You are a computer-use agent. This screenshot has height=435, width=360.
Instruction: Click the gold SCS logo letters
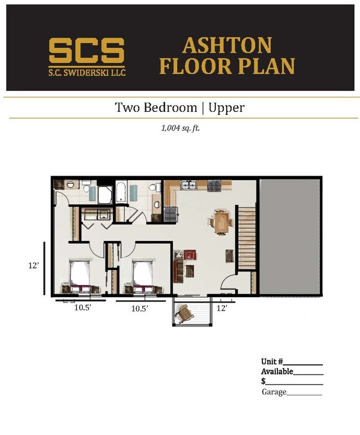click(x=86, y=50)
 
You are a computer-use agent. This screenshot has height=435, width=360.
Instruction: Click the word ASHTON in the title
click(x=227, y=45)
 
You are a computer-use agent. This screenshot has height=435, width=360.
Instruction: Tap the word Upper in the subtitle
click(x=227, y=108)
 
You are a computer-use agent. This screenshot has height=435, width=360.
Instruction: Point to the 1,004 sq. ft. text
click(x=181, y=128)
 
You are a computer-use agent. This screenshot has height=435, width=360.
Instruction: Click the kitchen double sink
click(x=189, y=185)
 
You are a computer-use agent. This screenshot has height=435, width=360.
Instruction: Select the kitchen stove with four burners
click(x=214, y=186)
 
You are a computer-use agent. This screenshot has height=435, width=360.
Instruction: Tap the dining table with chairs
click(x=221, y=222)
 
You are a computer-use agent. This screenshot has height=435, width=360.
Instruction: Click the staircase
click(x=247, y=237)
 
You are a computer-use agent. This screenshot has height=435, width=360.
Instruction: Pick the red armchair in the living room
click(x=190, y=254)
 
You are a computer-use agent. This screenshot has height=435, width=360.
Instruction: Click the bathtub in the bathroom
click(x=121, y=192)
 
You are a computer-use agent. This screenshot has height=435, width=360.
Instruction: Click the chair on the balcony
click(x=184, y=313)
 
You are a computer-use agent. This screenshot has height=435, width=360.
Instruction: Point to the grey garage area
click(x=289, y=237)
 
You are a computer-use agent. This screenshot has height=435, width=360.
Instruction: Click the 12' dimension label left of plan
click(x=34, y=265)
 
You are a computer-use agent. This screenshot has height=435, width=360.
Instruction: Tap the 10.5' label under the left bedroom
click(x=83, y=308)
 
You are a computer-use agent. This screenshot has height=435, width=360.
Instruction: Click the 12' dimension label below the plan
click(x=222, y=308)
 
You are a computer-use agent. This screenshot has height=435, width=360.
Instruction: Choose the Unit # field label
click(x=272, y=361)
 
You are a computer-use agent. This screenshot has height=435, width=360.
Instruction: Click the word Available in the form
click(x=277, y=371)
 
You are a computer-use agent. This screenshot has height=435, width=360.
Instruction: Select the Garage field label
click(x=274, y=392)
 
